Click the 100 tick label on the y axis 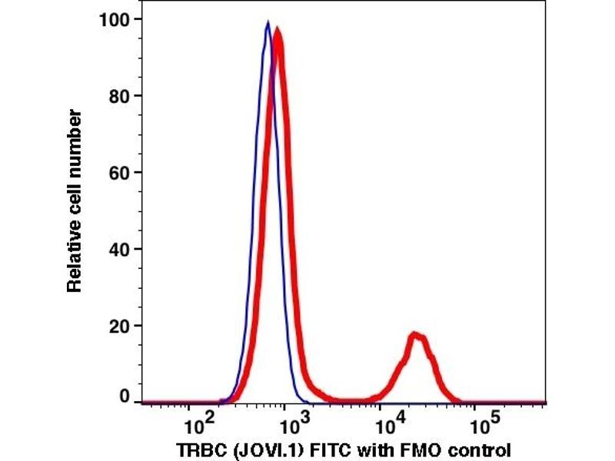pos(115,19)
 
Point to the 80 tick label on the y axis pos(120,96)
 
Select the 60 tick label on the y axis pos(120,172)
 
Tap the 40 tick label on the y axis pos(120,249)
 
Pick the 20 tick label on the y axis pos(120,325)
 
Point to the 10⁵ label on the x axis pos(482,423)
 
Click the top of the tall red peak pos(278,31)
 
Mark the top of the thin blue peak pos(268,22)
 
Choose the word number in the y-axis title pos(75,139)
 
